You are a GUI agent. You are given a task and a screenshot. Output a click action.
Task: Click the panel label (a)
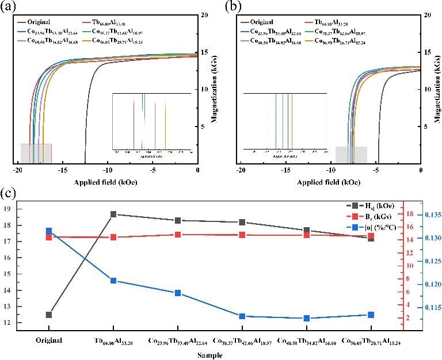(x=9, y=9)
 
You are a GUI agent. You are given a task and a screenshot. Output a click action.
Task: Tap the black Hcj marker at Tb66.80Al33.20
(x=113, y=214)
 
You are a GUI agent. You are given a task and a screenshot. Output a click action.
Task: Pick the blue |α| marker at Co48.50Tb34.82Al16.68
(x=306, y=318)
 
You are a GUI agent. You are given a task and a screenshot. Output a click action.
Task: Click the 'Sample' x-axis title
(x=210, y=355)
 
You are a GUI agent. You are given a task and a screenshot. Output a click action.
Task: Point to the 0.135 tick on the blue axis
(x=433, y=215)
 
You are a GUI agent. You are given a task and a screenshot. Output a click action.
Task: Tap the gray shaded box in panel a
(x=36, y=153)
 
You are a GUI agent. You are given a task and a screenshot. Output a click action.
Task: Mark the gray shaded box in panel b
(x=351, y=155)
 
